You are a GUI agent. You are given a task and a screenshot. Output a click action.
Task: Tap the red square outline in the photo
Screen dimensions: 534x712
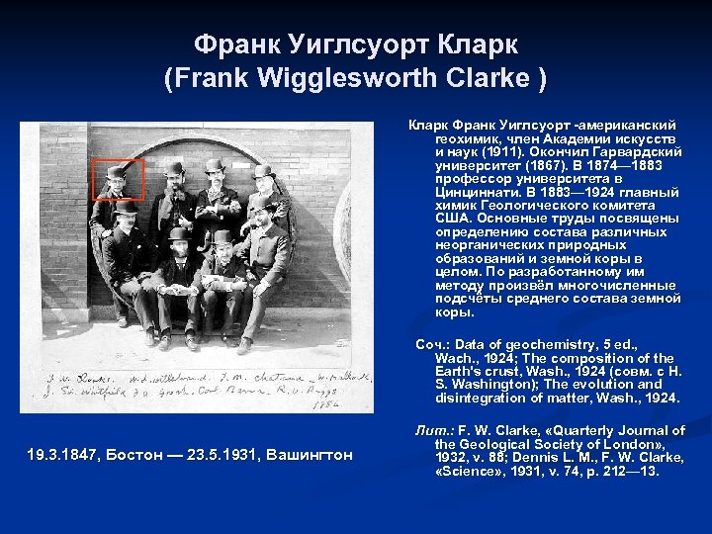118,179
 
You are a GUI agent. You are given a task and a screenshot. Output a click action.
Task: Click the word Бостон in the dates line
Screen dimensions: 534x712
131,454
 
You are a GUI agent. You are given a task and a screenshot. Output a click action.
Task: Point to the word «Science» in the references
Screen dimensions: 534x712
470,471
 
